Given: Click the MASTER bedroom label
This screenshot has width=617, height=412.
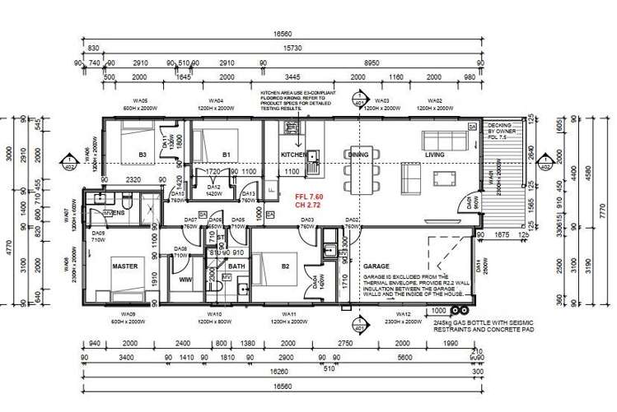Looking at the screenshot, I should (124, 265).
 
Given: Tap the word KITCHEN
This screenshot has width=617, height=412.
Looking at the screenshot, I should (294, 155).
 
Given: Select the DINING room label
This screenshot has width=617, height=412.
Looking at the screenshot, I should (358, 155).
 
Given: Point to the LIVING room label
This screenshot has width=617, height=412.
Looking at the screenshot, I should (434, 155).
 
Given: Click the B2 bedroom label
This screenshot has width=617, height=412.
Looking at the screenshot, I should (286, 265).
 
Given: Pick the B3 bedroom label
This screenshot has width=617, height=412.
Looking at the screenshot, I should (143, 154).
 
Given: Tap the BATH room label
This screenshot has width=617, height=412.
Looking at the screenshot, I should (236, 266).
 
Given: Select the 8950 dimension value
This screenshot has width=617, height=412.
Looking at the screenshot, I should (372, 62).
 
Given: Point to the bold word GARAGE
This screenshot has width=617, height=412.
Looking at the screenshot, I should (376, 267).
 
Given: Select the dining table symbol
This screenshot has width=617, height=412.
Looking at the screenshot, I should (358, 170).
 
